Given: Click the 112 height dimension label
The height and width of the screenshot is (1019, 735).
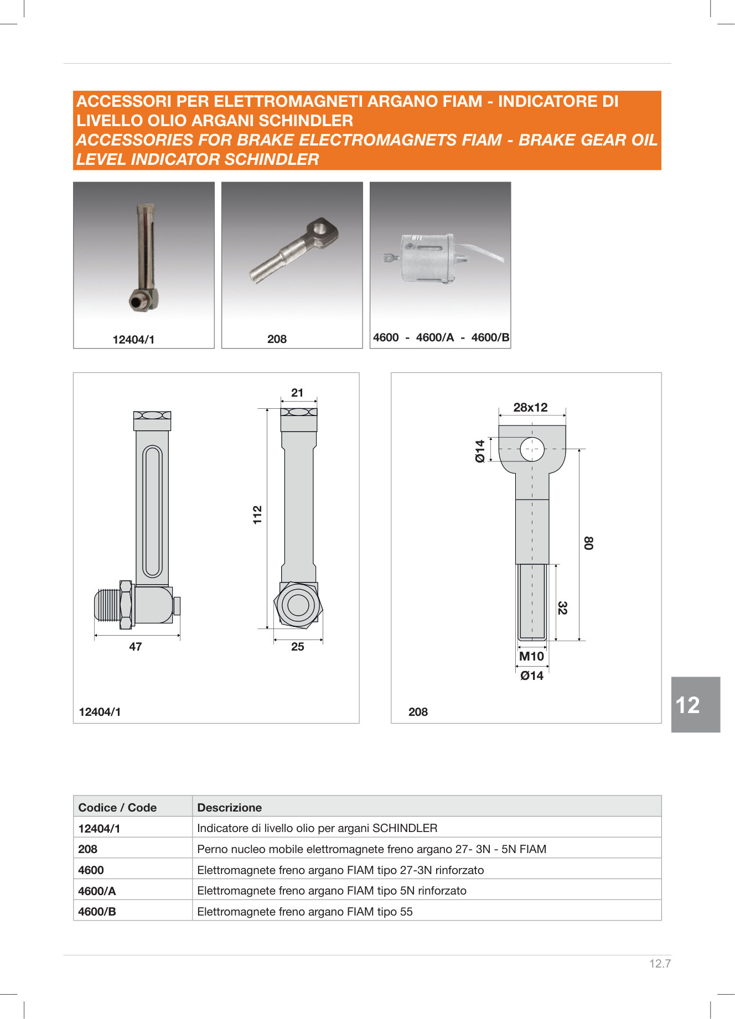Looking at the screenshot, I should pos(257,515).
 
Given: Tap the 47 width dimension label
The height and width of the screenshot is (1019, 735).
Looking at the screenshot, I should pos(136,647).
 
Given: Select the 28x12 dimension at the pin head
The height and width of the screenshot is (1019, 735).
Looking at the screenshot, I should pos(530,408).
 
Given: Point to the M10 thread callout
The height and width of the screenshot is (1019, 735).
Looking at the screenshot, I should pos(531,657).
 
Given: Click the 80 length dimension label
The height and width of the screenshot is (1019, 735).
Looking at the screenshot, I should pos(588,543).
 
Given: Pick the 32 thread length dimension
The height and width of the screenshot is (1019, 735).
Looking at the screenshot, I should pos(562,608).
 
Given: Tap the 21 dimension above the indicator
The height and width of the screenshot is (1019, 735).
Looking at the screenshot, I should pos(297,393).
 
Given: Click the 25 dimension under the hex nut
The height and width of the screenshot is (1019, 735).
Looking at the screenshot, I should pos(297,647).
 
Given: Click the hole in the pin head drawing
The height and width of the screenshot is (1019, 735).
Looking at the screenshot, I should pos(532,449).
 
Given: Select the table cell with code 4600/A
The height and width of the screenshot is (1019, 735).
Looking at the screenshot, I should pos(97,891).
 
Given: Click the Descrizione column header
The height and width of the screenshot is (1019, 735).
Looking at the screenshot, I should pos(229,808).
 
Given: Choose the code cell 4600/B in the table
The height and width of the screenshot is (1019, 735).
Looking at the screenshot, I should pos(97,912).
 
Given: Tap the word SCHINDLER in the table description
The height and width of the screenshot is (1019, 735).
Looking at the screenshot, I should pos(405,828).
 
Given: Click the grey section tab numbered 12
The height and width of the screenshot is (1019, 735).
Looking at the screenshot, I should pos(695,705).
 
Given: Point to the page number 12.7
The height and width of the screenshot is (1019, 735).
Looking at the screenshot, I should pos(660,964).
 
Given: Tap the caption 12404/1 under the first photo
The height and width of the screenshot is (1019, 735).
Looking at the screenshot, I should pos(133,340).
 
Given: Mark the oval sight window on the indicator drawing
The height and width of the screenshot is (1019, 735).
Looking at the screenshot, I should pos(152,512).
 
